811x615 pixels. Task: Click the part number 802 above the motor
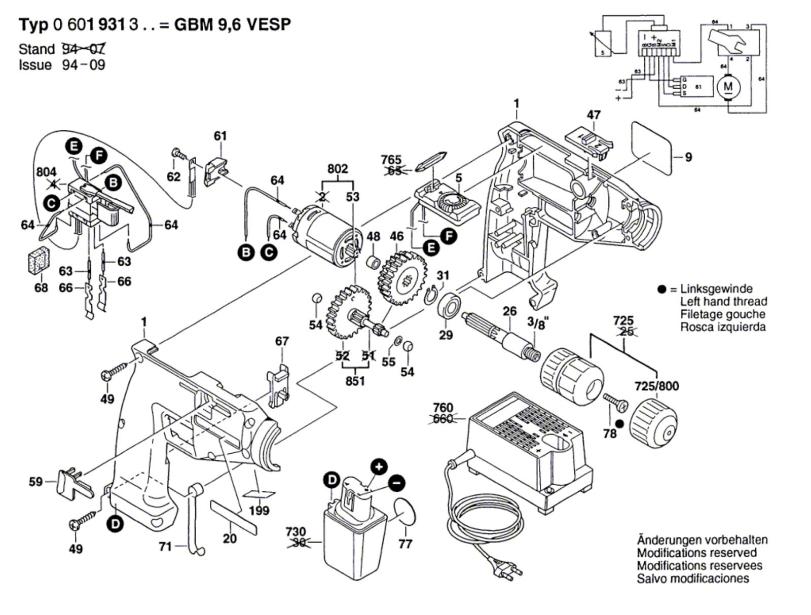[x=338, y=168]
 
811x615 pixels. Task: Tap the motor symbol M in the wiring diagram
[x=728, y=87]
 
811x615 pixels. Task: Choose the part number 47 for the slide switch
[x=594, y=115]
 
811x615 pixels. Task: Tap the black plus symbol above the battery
[x=378, y=466]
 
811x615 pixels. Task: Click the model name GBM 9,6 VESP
[x=233, y=25]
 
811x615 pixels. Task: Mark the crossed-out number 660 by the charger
[x=443, y=419]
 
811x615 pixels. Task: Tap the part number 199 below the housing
[x=260, y=510]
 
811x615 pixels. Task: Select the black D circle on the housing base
[x=116, y=523]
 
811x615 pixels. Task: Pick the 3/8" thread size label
[x=537, y=323]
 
